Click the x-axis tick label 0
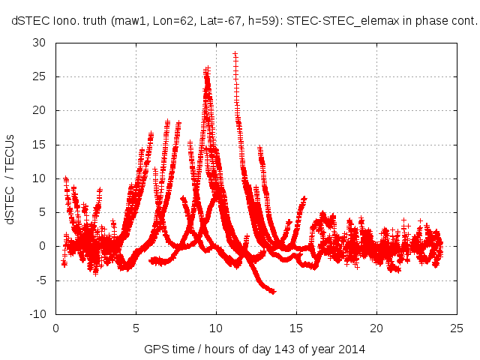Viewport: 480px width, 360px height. [56, 327]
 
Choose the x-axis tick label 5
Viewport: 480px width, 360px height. [136, 327]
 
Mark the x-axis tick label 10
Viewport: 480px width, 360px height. [216, 327]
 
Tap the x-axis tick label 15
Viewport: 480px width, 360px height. [296, 327]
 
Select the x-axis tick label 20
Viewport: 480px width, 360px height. [376, 327]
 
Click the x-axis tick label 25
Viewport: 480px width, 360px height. [456, 327]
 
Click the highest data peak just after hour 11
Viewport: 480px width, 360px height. [235, 54]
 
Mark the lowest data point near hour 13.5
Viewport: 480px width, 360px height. [273, 291]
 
